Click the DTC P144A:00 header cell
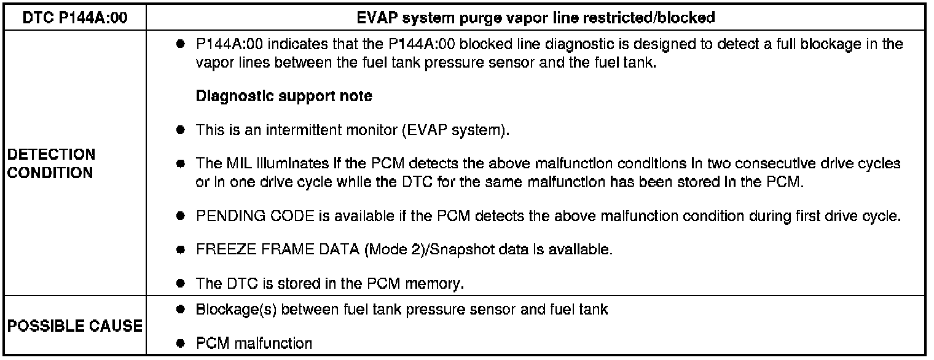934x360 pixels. (74, 18)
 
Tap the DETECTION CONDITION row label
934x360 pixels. (52, 163)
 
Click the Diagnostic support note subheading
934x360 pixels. (284, 96)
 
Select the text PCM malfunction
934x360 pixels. (254, 343)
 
